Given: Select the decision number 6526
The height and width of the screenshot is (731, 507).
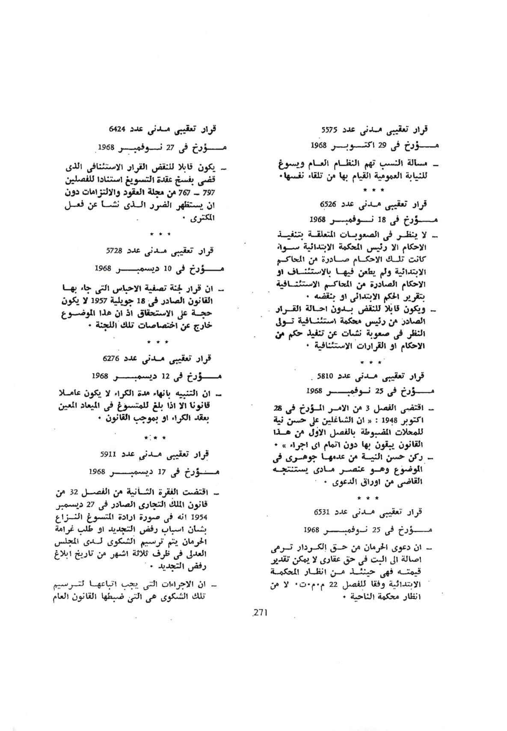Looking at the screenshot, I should tap(329, 204).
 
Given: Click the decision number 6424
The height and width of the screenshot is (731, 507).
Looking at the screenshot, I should tap(118, 127).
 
